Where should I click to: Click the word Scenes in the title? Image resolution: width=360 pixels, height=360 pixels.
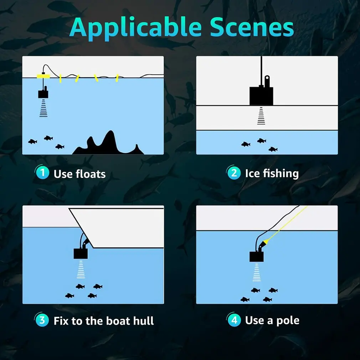point(252,27)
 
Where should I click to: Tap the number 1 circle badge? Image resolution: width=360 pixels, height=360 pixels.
point(42,173)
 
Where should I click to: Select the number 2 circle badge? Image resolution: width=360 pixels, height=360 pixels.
point(234,173)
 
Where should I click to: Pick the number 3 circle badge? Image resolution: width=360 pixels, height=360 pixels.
point(42,320)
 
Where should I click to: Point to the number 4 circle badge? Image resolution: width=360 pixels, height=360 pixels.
point(234,320)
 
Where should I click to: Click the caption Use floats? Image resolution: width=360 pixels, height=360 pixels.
point(79,174)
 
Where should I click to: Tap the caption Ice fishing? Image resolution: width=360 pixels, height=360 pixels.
point(272,174)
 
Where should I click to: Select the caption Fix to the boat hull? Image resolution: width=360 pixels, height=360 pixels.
point(104,321)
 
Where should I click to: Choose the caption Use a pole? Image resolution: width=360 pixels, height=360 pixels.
point(272,320)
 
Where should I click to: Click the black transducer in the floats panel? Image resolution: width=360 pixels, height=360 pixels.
point(43,94)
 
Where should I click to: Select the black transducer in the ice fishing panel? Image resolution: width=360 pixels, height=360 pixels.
point(261,95)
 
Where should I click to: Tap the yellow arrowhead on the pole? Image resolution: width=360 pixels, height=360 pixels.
point(266,243)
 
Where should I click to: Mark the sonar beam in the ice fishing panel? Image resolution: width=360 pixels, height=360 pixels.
point(261,116)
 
